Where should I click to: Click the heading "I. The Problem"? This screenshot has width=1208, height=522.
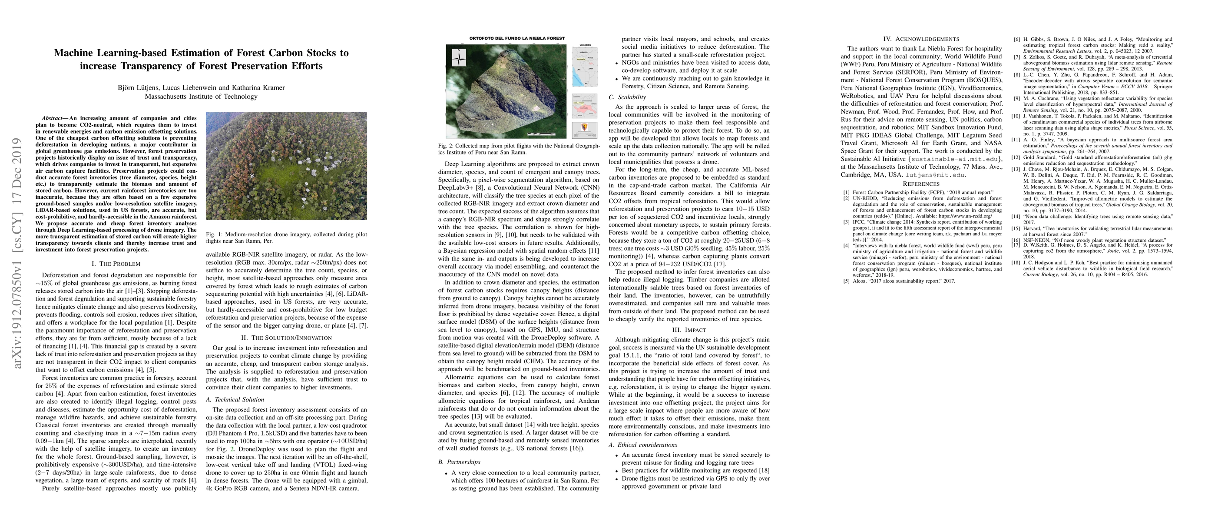[116, 264]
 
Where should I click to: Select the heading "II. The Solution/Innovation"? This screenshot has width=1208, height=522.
[287, 338]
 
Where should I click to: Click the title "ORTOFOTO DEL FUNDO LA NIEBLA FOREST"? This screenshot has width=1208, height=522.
[517, 38]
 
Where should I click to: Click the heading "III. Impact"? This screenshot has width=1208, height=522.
[689, 330]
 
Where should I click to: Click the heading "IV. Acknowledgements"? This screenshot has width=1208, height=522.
[921, 39]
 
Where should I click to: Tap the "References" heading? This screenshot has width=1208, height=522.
[921, 184]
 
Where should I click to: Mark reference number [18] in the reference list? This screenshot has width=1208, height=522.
[1017, 263]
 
